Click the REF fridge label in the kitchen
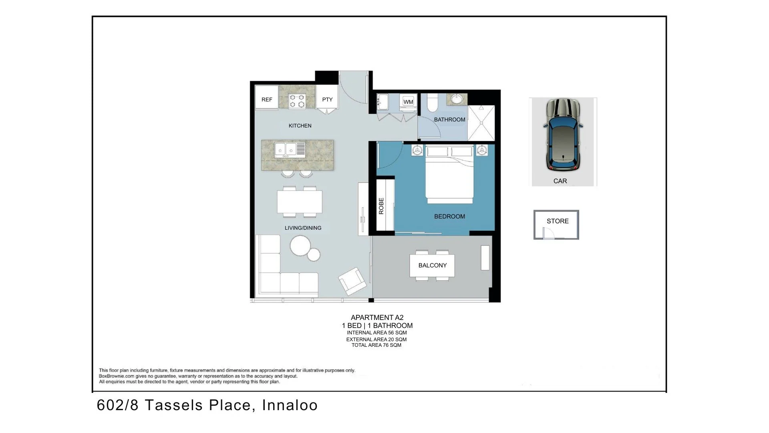point(267,99)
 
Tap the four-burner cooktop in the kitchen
point(297,101)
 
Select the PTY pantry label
point(327,99)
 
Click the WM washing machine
point(408,102)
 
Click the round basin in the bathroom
point(457,99)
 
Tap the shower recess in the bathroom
point(481,123)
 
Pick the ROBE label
point(381,206)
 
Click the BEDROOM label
point(449,216)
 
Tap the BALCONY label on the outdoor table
point(433,265)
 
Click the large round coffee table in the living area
point(300,245)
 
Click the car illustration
point(563,135)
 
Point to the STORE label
point(558,221)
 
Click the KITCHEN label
point(300,126)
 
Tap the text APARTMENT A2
point(377,318)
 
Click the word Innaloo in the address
point(290,405)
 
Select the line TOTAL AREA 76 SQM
point(376,345)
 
